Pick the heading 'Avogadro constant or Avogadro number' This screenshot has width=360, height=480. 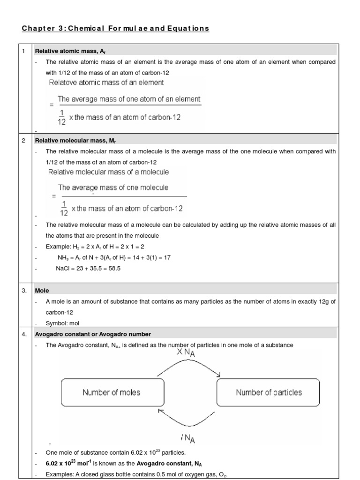click(93, 334)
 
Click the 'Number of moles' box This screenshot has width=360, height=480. click(112, 393)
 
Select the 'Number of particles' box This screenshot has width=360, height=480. click(268, 393)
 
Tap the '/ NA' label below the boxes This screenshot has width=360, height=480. click(187, 438)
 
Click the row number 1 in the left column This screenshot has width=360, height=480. click(24, 51)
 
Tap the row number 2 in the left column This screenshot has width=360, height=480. click(24, 140)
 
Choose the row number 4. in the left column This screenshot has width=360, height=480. click(25, 334)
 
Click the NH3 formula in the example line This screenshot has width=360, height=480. click(63, 257)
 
